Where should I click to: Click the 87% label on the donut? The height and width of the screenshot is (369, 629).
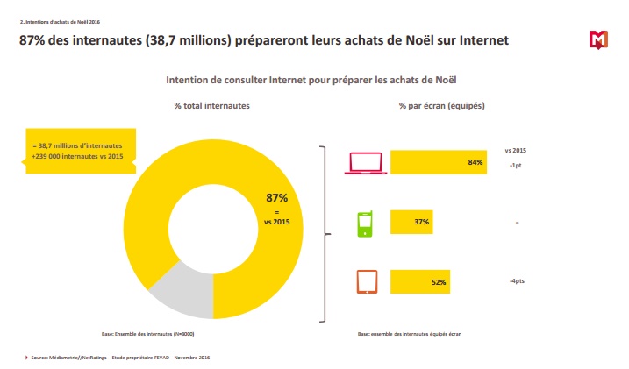(276, 198)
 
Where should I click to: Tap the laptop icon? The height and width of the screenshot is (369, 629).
(366, 163)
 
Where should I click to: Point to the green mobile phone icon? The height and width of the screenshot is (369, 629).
(366, 223)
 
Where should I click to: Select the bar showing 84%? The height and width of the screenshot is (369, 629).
(438, 162)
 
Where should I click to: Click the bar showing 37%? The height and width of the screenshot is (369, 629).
(411, 223)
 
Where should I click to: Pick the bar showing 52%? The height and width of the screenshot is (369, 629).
(420, 281)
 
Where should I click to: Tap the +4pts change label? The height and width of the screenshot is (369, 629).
(517, 281)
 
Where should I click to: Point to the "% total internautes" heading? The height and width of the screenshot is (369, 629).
(211, 105)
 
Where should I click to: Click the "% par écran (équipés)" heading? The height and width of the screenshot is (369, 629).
(441, 105)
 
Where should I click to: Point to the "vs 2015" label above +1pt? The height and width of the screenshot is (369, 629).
(516, 150)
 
